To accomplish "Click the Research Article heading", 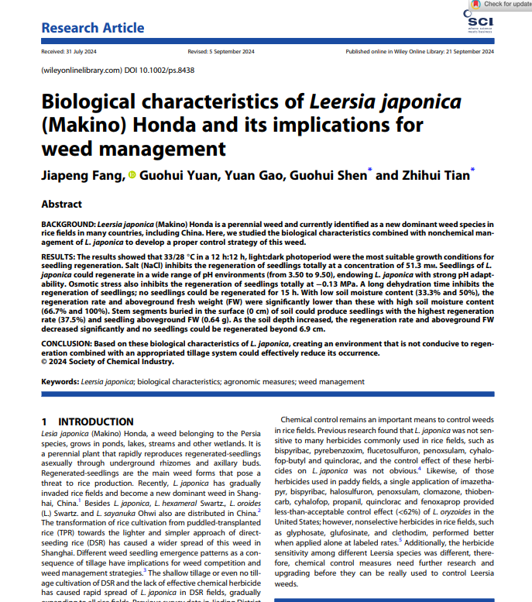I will tap(92, 29).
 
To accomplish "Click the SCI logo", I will tap(479, 22).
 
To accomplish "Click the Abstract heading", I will tap(61, 205).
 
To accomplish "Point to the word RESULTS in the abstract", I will tap(57, 254).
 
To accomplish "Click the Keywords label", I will tap(59, 382).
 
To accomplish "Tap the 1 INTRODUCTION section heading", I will tap(86, 421).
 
